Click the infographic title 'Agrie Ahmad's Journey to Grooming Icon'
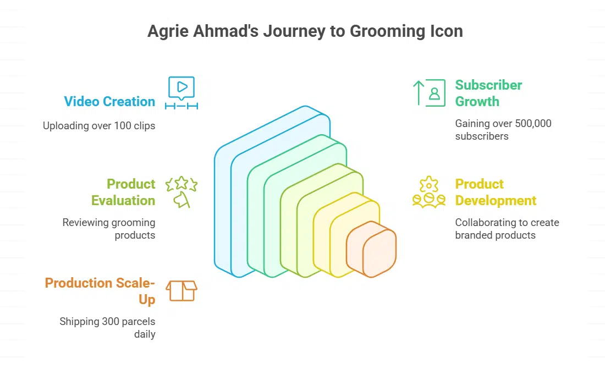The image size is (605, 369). (x=305, y=31)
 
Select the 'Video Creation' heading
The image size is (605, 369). (x=109, y=102)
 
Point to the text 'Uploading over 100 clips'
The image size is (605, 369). (x=99, y=126)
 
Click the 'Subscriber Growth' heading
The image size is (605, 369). (x=488, y=93)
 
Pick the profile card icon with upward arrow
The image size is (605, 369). (x=429, y=93)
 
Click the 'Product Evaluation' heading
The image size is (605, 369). (x=123, y=192)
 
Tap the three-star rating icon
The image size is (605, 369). (x=182, y=192)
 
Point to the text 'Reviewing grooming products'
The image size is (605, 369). (x=109, y=229)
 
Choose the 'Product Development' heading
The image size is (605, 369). (x=496, y=192)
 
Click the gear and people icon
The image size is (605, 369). (x=429, y=192)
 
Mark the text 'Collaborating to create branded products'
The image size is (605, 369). (x=507, y=229)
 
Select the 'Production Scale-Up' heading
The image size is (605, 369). (x=100, y=291)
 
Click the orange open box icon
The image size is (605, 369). (x=182, y=291)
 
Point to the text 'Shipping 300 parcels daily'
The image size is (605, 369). (x=107, y=328)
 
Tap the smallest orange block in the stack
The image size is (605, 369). (x=371, y=249)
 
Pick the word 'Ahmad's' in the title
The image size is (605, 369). (x=226, y=31)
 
